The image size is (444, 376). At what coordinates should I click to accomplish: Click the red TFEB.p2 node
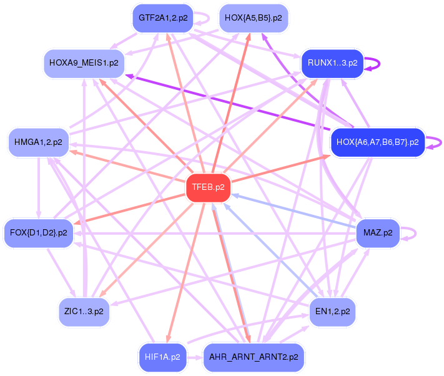(x=209, y=188)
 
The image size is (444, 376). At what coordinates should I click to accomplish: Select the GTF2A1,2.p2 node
(x=163, y=18)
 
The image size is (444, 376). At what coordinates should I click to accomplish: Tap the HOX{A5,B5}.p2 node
(x=254, y=18)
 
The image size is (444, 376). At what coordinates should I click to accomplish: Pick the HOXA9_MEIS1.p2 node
(x=84, y=63)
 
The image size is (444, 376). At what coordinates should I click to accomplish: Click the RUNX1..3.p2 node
(x=332, y=63)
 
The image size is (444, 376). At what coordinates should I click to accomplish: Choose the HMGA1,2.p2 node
(x=38, y=142)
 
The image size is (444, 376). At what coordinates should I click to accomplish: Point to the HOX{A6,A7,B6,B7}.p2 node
(x=378, y=142)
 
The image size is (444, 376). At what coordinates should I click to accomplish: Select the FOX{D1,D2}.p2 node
(x=39, y=233)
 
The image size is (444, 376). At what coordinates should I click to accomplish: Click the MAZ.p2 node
(x=378, y=233)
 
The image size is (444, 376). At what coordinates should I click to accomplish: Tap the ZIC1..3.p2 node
(x=84, y=312)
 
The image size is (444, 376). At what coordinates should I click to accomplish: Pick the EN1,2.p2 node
(x=332, y=312)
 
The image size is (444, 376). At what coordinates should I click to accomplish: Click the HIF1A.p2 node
(x=162, y=357)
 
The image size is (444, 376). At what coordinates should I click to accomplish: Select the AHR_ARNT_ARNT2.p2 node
(x=254, y=357)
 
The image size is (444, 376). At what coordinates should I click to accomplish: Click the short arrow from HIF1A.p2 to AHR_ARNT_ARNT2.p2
(x=195, y=358)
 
